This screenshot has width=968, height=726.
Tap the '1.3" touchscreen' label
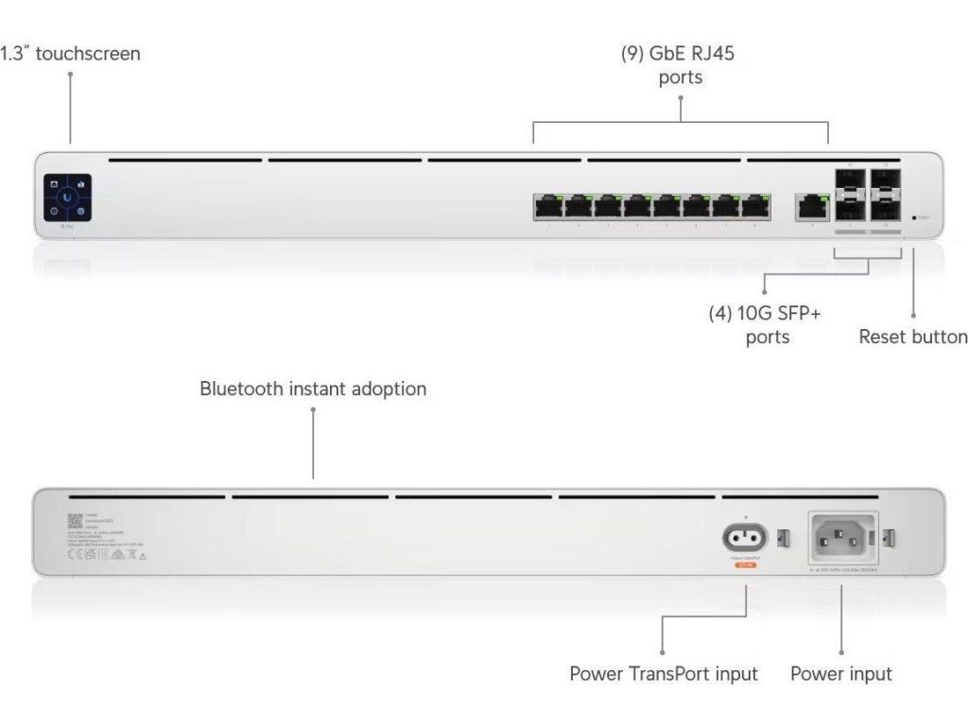pyautogui.click(x=70, y=54)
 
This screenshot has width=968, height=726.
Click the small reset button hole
pyautogui.click(x=913, y=217)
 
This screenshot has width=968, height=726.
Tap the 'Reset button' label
pyautogui.click(x=912, y=337)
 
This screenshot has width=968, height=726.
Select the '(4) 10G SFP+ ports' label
pyautogui.click(x=766, y=324)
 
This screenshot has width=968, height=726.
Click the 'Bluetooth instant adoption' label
pyautogui.click(x=313, y=389)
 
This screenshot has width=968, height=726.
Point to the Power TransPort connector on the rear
pyautogui.click(x=745, y=539)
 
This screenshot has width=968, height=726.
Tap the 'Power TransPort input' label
pyautogui.click(x=663, y=674)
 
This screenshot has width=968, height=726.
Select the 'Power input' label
pyautogui.click(x=840, y=674)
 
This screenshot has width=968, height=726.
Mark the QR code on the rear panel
pyautogui.click(x=76, y=521)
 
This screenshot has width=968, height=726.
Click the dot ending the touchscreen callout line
pyautogui.click(x=70, y=77)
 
